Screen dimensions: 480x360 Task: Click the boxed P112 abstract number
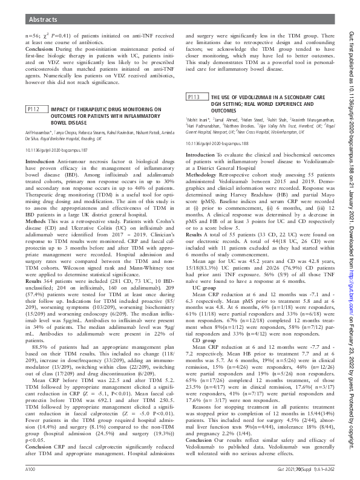click(34, 109)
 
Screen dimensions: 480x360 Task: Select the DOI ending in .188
click(216, 127)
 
